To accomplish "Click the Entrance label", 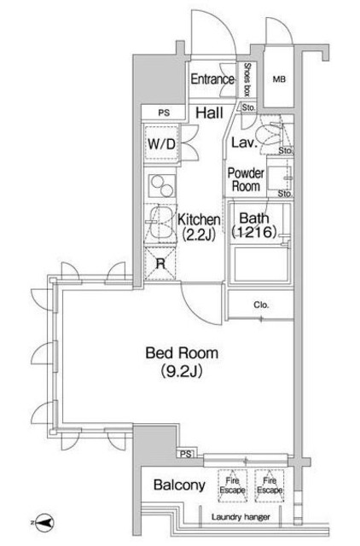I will [212, 80].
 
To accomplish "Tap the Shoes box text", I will [247, 80].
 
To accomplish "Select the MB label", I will [278, 80].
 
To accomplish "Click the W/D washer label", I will [161, 144].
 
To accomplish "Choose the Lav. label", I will [240, 144].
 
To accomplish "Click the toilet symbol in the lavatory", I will [271, 135].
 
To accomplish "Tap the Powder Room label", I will [246, 180].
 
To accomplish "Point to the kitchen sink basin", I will [158, 225].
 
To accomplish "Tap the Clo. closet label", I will [260, 305].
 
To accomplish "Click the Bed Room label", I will [181, 352].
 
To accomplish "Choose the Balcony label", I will [179, 485].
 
